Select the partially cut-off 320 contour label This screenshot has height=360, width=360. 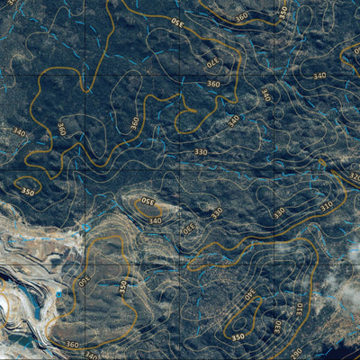[354, 176]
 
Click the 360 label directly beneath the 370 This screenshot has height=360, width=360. [212, 84]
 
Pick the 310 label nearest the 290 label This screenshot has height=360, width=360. [299, 310]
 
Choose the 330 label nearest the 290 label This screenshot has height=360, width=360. [277, 325]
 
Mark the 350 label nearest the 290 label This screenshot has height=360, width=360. [238, 337]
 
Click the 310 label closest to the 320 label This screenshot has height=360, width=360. [327, 205]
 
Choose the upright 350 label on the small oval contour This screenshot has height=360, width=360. [28, 192]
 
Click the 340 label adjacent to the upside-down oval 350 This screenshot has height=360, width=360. [155, 220]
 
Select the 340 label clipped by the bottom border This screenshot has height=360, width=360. [91, 355]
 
